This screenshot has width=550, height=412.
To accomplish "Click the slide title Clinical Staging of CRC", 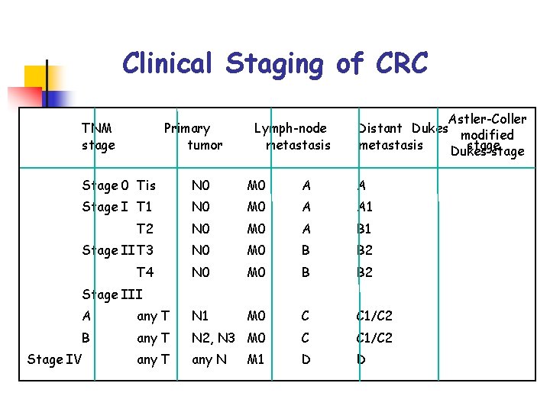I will pyautogui.click(x=275, y=63).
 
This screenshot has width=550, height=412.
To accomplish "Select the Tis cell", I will pyautogui.click(x=146, y=185).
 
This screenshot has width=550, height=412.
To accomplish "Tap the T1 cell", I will pyautogui.click(x=144, y=207).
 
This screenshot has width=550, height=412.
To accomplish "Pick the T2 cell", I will pyautogui.click(x=144, y=229).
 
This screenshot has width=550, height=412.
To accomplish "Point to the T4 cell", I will pyautogui.click(x=144, y=272).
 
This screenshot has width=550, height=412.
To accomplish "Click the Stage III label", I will pyautogui.click(x=112, y=295).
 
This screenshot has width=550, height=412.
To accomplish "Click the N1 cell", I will pyautogui.click(x=200, y=316).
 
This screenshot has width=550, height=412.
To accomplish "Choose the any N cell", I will pyautogui.click(x=209, y=359).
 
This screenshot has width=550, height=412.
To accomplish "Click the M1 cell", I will pyautogui.click(x=256, y=359).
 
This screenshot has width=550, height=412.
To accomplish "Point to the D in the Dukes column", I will pyautogui.click(x=306, y=359).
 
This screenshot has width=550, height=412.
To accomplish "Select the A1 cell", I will pyautogui.click(x=365, y=207).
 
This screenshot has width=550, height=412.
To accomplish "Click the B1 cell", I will pyautogui.click(x=365, y=229).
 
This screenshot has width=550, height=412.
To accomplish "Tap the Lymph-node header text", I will pyautogui.click(x=290, y=128).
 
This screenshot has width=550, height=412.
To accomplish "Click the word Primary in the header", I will pyautogui.click(x=187, y=128).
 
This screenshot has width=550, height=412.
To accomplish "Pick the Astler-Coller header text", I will pyautogui.click(x=487, y=119).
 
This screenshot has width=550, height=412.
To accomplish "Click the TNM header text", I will pyautogui.click(x=97, y=128).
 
